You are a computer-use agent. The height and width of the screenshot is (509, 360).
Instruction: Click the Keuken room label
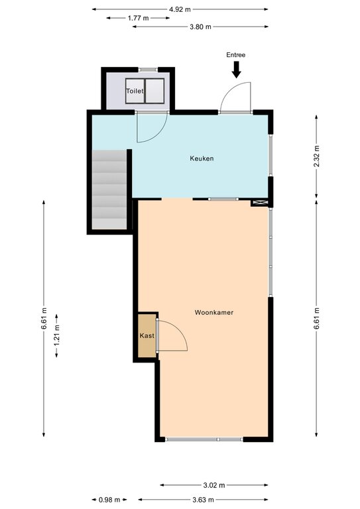pyautogui.click(x=202, y=158)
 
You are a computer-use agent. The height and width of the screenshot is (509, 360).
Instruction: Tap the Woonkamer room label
pyautogui.click(x=214, y=312)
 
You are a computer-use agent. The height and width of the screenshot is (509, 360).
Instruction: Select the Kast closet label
pyautogui.click(x=147, y=335)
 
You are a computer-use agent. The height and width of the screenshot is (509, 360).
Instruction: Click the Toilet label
pyautogui.click(x=135, y=91)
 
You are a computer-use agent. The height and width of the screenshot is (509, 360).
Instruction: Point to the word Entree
pyautogui.click(x=235, y=55)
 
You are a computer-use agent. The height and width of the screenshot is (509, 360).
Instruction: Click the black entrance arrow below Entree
pyautogui.click(x=237, y=70)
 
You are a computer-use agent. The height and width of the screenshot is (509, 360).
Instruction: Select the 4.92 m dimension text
pyautogui.click(x=180, y=9)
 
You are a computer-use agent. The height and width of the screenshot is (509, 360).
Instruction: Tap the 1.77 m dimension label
pyautogui.click(x=139, y=18)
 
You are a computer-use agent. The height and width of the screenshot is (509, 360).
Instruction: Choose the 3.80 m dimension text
pyautogui.click(x=200, y=27)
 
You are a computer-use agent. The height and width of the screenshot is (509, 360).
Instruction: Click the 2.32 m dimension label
pyautogui.click(x=316, y=156)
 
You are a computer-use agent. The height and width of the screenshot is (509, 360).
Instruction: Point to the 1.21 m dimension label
pyautogui.click(x=56, y=335)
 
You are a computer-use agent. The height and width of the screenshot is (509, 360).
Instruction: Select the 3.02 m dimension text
pyautogui.click(x=214, y=485)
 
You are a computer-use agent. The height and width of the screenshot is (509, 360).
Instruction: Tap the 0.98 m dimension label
pyautogui.click(x=109, y=500)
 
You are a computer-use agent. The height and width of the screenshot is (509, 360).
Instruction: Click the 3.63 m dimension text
pyautogui.click(x=204, y=500)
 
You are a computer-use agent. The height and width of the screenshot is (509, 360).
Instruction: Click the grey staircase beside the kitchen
pyautogui.click(x=109, y=190)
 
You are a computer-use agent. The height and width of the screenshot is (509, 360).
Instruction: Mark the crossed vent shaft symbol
pyautogui.click(x=260, y=203)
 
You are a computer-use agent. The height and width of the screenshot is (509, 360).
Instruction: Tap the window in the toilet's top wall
pyautogui.click(x=148, y=70)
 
